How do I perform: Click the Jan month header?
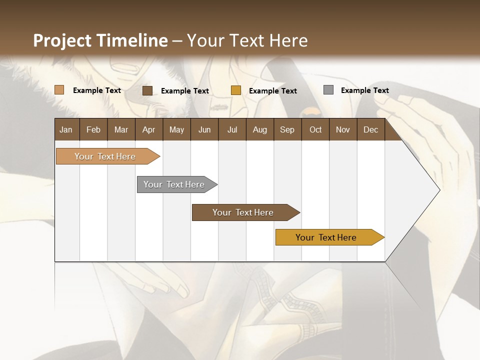pos(66,129)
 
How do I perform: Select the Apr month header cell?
pos(149,129)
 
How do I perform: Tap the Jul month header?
pos(232,129)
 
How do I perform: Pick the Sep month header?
pos(287,129)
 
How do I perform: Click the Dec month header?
pos(370,129)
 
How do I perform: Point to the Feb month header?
pos(93,129)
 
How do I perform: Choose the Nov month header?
pos(343,129)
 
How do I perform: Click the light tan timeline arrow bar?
pos(105,156)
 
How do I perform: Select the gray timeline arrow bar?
pos(174,184)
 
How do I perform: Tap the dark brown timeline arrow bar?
pos(243,212)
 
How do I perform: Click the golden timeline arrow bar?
pos(326,237)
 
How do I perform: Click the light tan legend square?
pos(59,90)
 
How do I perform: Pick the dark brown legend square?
pos(147,90)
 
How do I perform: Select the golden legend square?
pos(236,90)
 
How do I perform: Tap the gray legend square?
pos(328,90)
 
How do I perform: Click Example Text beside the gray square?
pos(364,90)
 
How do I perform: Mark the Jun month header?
pos(204,129)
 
